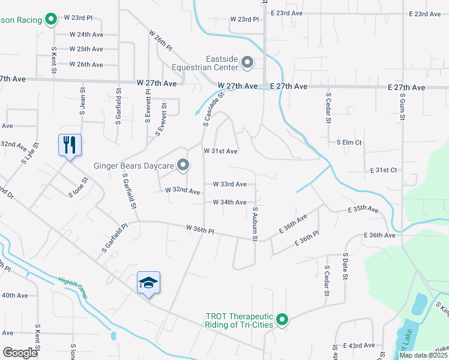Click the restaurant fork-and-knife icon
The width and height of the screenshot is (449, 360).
point(70,145)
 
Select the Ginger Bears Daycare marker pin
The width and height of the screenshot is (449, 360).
point(183,165)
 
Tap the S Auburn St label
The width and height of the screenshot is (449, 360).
point(255,224)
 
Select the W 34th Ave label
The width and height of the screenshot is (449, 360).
point(229,203)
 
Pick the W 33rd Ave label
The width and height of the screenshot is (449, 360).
point(229,184)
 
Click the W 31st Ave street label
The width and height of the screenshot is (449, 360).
point(221,151)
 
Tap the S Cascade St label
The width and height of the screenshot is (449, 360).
point(213,109)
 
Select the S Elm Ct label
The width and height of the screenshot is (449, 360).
point(349,142)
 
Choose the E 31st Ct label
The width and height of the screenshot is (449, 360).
point(384,170)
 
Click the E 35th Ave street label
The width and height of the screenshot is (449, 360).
point(364,210)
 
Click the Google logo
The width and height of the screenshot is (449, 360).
point(20,353)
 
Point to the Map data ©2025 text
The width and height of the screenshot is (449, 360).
point(423,355)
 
